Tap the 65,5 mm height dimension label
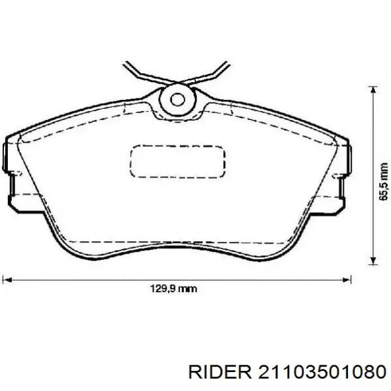[x=383, y=182]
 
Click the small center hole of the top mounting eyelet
[x=177, y=100]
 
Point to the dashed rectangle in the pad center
[x=177, y=161]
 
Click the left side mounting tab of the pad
[x=8, y=168]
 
